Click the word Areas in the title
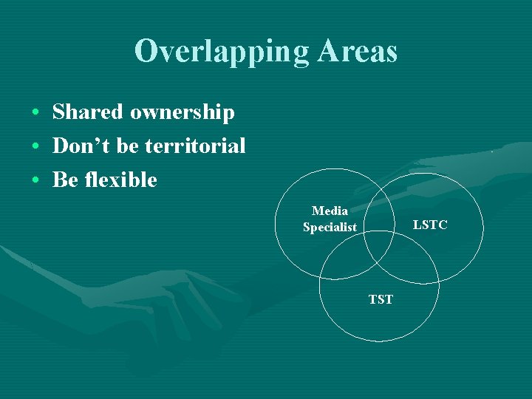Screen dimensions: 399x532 pos(358,51)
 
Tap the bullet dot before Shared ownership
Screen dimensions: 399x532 pos(35,113)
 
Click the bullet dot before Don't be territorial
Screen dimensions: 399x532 pos(35,147)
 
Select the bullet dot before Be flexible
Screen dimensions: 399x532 pos(35,180)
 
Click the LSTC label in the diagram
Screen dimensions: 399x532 pos(430,225)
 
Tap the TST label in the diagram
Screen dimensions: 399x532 pos(381,299)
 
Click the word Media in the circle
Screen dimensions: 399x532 pos(330,211)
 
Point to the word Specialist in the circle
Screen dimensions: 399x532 pos(330,228)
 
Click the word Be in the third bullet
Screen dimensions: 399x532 pos(64,180)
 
